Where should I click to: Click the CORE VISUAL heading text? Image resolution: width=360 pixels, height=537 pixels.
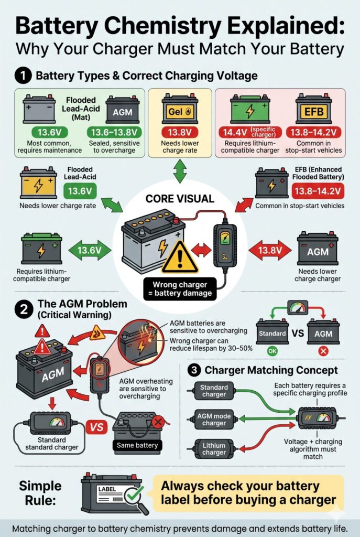[x=179, y=199]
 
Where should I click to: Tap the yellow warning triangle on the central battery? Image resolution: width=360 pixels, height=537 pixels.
[x=180, y=256]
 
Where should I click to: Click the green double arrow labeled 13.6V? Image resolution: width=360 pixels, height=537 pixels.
[x=89, y=251]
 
